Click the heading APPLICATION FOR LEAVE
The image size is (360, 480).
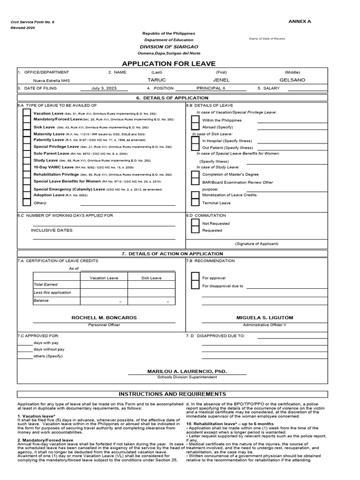click(x=169, y=64)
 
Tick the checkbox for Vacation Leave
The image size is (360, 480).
click(x=27, y=113)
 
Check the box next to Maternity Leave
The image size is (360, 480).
click(x=27, y=134)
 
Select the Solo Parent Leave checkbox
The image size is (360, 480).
click(x=27, y=154)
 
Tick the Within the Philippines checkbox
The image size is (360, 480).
click(x=195, y=120)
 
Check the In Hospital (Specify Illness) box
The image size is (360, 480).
click(x=195, y=141)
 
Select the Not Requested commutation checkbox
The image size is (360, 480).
click(x=195, y=224)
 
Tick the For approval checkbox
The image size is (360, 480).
click(x=195, y=278)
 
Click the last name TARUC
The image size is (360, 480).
click(x=157, y=80)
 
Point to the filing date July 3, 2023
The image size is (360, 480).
click(x=105, y=88)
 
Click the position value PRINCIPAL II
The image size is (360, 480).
click(x=210, y=88)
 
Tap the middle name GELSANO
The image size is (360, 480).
click(x=292, y=80)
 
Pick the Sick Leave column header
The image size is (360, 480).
click(x=151, y=278)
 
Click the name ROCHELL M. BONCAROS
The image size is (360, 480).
click(x=104, y=318)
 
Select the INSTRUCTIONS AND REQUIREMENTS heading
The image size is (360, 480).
click(x=172, y=394)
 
